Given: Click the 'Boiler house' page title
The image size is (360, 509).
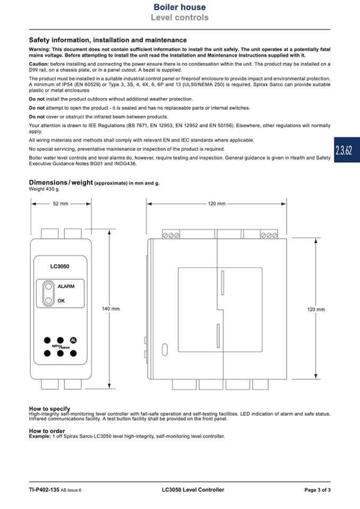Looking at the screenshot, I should point(179,7).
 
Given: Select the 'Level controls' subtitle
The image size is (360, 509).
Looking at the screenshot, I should point(179,18).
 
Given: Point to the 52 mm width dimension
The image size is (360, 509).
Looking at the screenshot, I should point(61,203).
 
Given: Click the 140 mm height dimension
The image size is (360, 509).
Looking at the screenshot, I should point(110,309).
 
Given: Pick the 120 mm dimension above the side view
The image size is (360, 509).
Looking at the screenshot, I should point(217,203).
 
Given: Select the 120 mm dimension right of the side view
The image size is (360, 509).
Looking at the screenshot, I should point(316,309).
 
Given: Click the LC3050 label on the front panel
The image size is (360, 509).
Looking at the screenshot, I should point(60,266).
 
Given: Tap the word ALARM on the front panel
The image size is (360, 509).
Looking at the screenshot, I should point(66,286).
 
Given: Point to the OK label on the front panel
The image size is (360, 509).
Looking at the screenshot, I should point(61,300).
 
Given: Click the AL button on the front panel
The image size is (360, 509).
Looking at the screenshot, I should point(73,340).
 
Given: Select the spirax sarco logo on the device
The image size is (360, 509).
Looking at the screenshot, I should point(61,347).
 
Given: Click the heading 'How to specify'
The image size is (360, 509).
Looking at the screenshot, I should point(49,409).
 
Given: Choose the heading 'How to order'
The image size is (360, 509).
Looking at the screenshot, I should point(47,431).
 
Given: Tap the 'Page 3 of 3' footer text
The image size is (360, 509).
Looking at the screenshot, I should point(317,490).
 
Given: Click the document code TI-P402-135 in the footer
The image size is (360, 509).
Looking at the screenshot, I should point(44,490).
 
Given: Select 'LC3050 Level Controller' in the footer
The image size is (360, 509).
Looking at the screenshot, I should point(193,490).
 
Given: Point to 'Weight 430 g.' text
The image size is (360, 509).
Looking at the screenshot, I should point(44,189).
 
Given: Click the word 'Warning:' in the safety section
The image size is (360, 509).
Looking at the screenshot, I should point(39,49).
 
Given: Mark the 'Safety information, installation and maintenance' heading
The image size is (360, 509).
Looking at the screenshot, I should point(108,40).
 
